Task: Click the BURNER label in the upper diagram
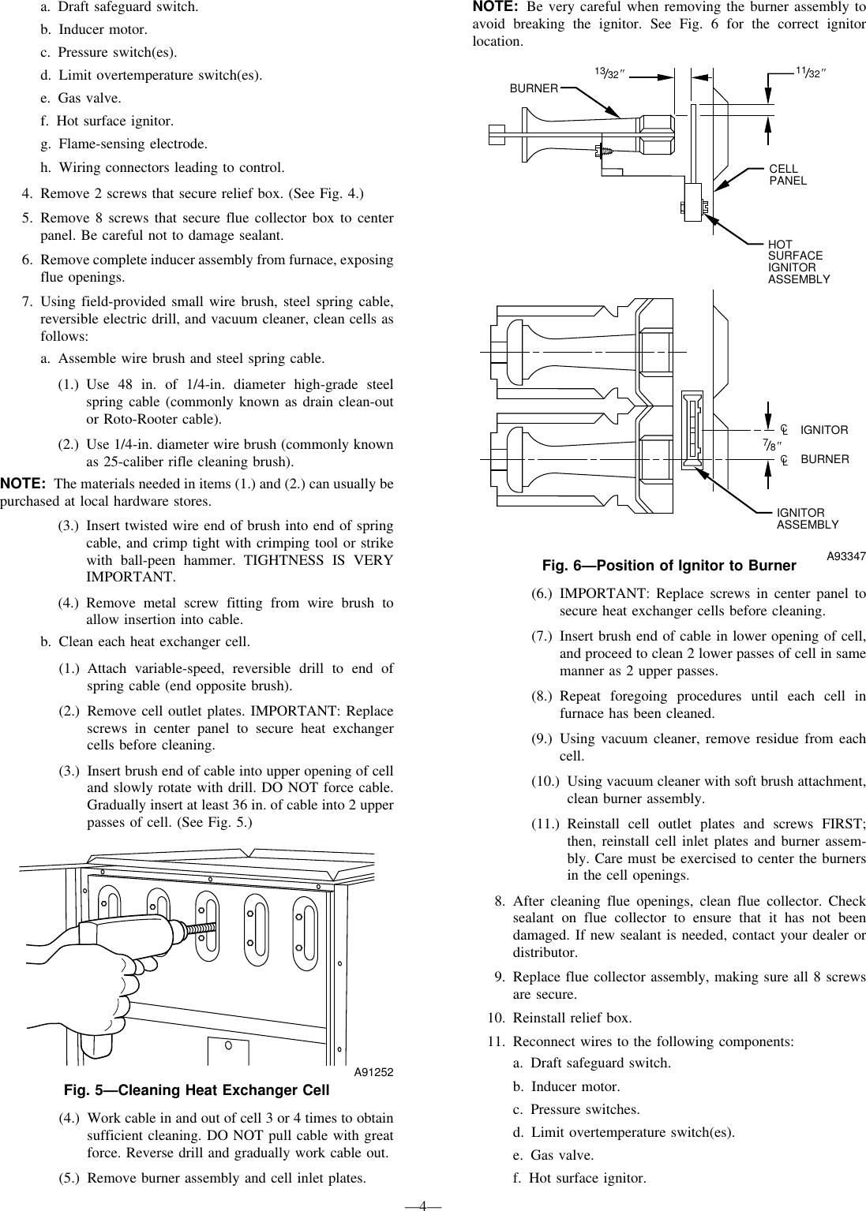[x=534, y=88]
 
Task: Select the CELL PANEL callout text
[x=788, y=174]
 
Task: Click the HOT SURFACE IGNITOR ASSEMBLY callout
[x=798, y=262]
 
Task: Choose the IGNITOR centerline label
[x=823, y=430]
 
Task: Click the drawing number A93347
[x=846, y=556]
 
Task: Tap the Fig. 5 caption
[x=196, y=1091]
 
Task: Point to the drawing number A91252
[x=373, y=1072]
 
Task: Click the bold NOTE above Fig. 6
[x=494, y=7]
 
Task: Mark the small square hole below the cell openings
[x=228, y=1050]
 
